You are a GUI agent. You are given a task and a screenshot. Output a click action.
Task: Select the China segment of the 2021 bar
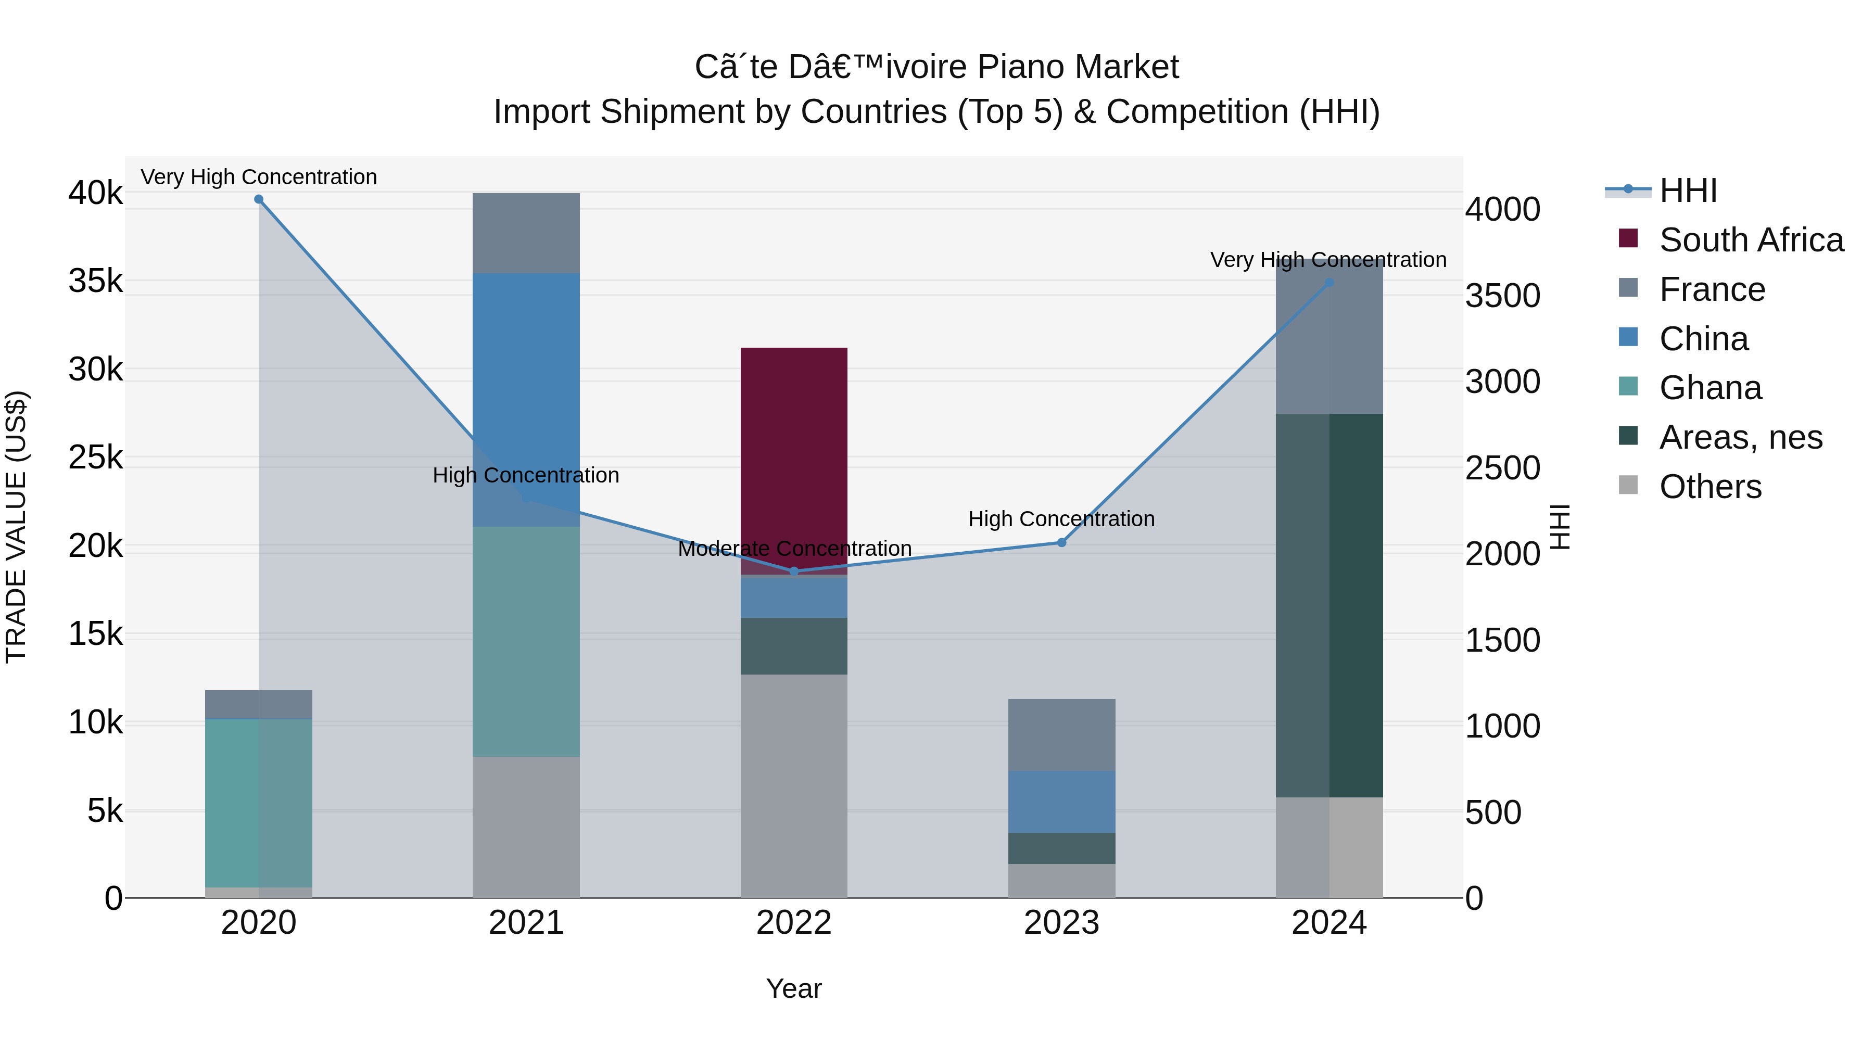tap(526, 399)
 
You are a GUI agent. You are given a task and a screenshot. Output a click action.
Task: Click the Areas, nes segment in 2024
tap(1329, 605)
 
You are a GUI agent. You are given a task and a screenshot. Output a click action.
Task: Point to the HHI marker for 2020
tap(258, 199)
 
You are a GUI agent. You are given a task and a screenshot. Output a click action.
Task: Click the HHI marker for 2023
tap(1061, 543)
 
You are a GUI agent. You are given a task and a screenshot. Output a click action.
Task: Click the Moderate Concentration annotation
tap(794, 549)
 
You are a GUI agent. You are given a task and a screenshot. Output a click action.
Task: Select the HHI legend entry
tap(1688, 191)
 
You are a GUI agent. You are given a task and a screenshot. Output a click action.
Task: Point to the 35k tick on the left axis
tap(96, 281)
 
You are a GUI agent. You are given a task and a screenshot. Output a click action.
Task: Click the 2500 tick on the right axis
tap(1502, 468)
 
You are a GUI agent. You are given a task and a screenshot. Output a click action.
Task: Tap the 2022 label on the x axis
tap(794, 923)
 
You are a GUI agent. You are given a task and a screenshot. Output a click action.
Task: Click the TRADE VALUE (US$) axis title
tap(16, 527)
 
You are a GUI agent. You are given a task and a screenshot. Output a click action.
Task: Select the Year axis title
tap(794, 988)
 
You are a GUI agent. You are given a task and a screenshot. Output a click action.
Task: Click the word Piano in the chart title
tap(1021, 68)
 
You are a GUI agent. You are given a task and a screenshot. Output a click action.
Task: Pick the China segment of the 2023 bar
tap(1061, 802)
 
